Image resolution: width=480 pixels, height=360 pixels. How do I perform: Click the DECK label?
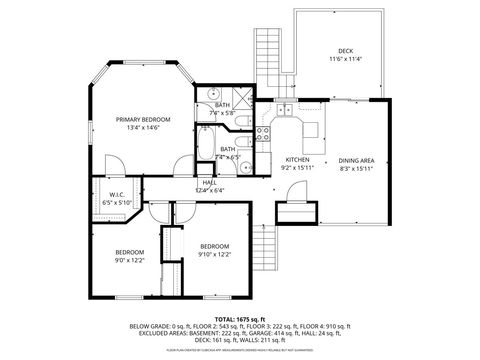pyautogui.click(x=345, y=50)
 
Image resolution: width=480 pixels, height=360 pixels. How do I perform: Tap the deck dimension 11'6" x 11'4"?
pyautogui.click(x=345, y=59)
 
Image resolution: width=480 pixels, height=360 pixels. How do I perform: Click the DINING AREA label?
pyautogui.click(x=356, y=160)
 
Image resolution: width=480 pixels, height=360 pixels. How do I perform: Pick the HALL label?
pyautogui.click(x=210, y=182)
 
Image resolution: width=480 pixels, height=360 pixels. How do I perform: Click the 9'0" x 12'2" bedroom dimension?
pyautogui.click(x=130, y=260)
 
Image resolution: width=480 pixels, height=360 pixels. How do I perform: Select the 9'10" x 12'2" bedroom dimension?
pyautogui.click(x=215, y=254)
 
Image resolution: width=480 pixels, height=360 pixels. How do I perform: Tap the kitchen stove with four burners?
pyautogui.click(x=265, y=131)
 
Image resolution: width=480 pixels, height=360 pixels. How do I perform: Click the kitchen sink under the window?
pyautogui.click(x=284, y=109)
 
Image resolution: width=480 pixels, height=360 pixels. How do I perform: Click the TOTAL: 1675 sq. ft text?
pyautogui.click(x=240, y=318)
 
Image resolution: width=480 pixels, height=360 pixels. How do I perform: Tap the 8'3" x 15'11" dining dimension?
pyautogui.click(x=356, y=168)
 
